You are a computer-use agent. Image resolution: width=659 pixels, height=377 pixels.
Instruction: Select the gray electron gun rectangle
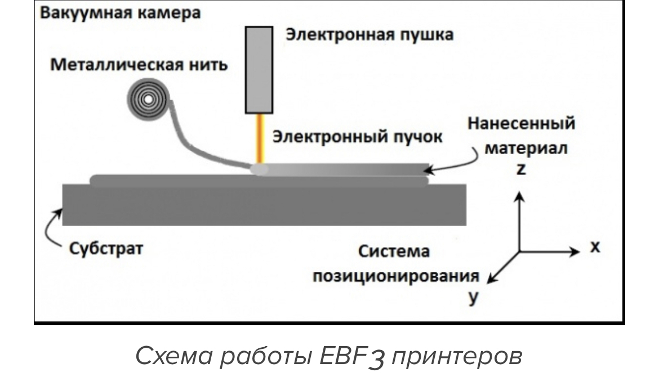pyautogui.click(x=259, y=70)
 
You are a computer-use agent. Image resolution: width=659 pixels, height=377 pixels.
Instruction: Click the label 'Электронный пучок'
pyautogui.click(x=355, y=137)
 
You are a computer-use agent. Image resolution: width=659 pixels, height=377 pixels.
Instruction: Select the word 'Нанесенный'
pyautogui.click(x=522, y=123)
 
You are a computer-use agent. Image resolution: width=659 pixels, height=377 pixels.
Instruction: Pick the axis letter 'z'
pyautogui.click(x=521, y=169)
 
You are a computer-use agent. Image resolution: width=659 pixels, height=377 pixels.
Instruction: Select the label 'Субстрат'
pyautogui.click(x=106, y=248)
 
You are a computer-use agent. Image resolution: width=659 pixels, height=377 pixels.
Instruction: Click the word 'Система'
pyautogui.click(x=394, y=252)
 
